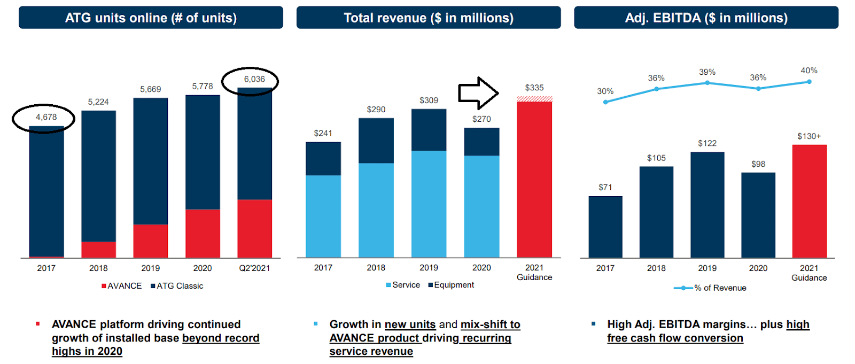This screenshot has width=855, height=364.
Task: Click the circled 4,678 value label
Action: pyautogui.click(x=46, y=117)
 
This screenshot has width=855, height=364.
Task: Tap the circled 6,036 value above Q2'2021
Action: pyautogui.click(x=254, y=79)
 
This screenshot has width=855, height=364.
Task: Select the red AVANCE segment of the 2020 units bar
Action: pyautogui.click(x=203, y=234)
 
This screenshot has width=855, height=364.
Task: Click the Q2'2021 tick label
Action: pyautogui.click(x=254, y=268)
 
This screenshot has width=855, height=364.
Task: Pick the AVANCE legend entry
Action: pyautogui.click(x=122, y=286)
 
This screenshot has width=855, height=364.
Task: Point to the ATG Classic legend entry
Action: pyautogui.click(x=177, y=286)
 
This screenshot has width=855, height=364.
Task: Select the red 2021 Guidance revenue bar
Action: pyautogui.click(x=534, y=179)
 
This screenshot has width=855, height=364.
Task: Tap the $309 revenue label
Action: pyautogui.click(x=429, y=100)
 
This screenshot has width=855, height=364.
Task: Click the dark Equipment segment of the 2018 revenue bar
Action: pyautogui.click(x=376, y=141)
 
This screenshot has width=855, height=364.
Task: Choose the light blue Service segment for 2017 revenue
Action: pyautogui.click(x=323, y=216)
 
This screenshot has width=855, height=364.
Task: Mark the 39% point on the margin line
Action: pyautogui.click(x=707, y=83)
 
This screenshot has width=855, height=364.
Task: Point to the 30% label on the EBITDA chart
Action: pyautogui.click(x=605, y=91)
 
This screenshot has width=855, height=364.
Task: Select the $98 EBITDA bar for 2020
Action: pyautogui.click(x=758, y=215)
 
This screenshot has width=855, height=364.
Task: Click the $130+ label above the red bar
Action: pyautogui.click(x=809, y=136)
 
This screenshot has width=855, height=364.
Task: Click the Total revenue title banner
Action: pyautogui.click(x=428, y=18)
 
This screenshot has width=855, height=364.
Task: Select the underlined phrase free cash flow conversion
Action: pyautogui.click(x=675, y=338)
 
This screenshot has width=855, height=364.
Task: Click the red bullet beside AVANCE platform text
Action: pyautogui.click(x=38, y=324)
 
